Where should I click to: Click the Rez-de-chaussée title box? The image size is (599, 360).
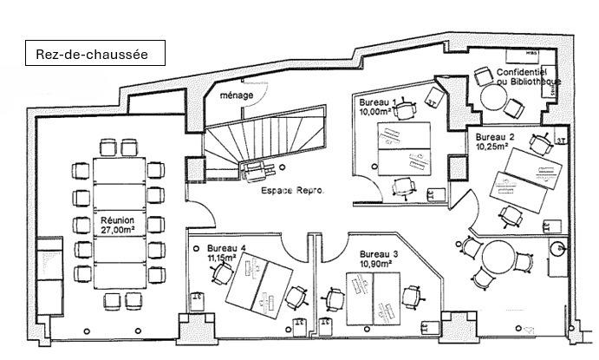pos(92,54)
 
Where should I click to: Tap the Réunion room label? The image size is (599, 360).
pos(118,221)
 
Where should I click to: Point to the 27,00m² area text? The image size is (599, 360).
pos(118,231)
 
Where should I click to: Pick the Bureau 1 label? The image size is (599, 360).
pos(378,103)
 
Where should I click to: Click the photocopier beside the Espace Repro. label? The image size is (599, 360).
pos(257,168)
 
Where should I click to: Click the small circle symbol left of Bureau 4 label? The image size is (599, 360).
pos(197,247)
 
